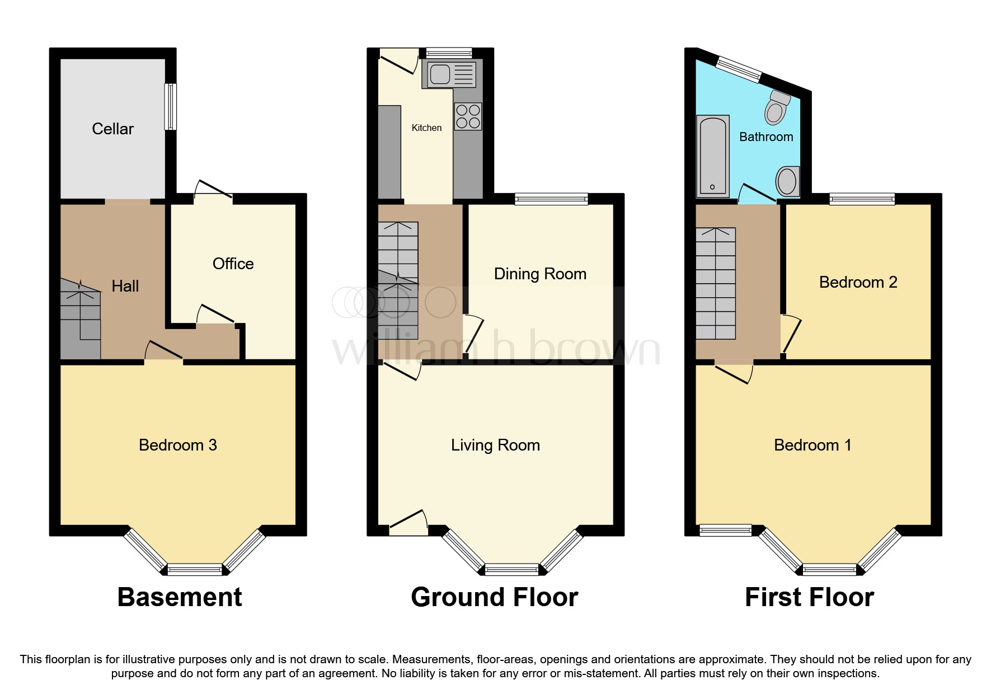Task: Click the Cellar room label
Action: coord(112,129)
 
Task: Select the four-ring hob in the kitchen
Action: coord(468,116)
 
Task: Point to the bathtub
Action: coord(712,156)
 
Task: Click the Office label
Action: coord(233,264)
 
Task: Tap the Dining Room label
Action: coord(540,274)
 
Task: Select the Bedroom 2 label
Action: coord(858,282)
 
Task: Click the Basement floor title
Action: coord(180,597)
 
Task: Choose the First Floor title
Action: coord(809,597)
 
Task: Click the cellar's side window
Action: coord(170,106)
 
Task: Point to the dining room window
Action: coord(552,199)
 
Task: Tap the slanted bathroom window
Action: coord(739,69)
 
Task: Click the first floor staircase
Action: coord(716,283)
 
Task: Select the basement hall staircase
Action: coord(81,319)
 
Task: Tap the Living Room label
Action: coord(495,445)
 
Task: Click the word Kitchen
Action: coord(426,128)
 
